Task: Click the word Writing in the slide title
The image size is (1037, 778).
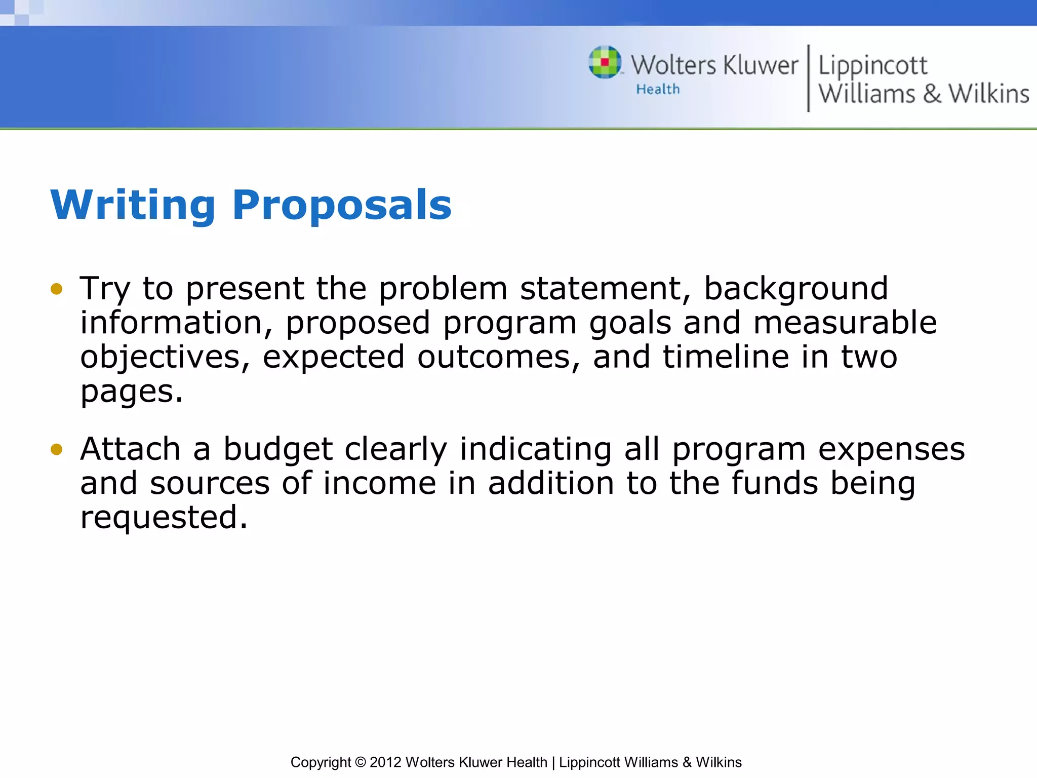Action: [x=133, y=205]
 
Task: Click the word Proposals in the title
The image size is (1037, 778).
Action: [x=342, y=205]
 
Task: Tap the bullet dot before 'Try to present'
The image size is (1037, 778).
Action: [x=56, y=289]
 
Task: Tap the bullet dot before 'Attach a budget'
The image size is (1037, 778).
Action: [x=56, y=449]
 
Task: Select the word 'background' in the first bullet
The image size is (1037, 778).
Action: [x=796, y=289]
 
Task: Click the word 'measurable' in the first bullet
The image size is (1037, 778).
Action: [x=845, y=323]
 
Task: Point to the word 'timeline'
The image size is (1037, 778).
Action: [x=726, y=357]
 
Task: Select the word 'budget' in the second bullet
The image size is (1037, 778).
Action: [x=278, y=449]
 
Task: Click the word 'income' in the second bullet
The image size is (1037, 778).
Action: [x=379, y=483]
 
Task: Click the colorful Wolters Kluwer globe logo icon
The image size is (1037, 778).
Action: [x=605, y=62]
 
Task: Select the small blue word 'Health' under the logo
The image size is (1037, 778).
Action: [x=658, y=90]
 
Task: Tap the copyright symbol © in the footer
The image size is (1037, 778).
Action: [x=360, y=762]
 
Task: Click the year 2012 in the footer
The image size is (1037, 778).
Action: [x=385, y=762]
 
